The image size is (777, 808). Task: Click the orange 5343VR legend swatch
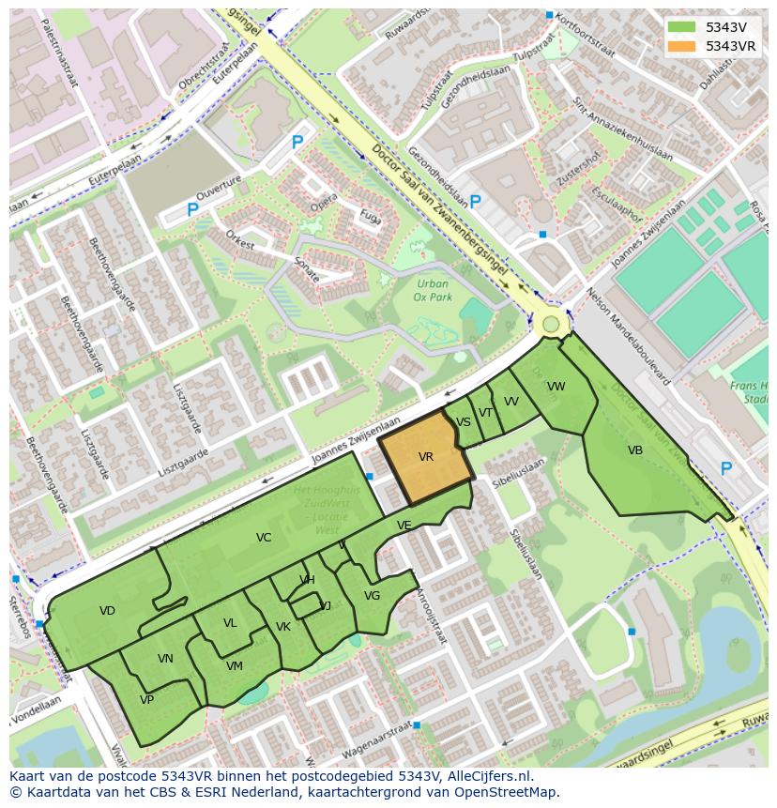[x=682, y=46]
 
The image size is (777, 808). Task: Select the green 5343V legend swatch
[x=682, y=27]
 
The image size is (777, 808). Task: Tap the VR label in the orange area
[x=426, y=457]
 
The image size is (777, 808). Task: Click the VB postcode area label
[x=635, y=450]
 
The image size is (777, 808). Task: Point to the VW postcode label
[x=556, y=387]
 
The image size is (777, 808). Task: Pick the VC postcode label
[x=264, y=538]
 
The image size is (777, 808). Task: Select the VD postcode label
[x=107, y=611]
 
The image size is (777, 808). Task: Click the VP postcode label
[x=147, y=700]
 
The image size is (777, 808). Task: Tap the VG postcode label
[x=372, y=596]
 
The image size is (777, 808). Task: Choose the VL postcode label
[x=230, y=623]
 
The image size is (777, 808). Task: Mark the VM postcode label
[x=235, y=666]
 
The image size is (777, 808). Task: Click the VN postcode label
[x=165, y=659]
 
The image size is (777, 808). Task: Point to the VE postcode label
[x=404, y=526]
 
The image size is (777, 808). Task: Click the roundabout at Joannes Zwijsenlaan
[x=551, y=325]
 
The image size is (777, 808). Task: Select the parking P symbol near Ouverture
[x=192, y=210]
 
